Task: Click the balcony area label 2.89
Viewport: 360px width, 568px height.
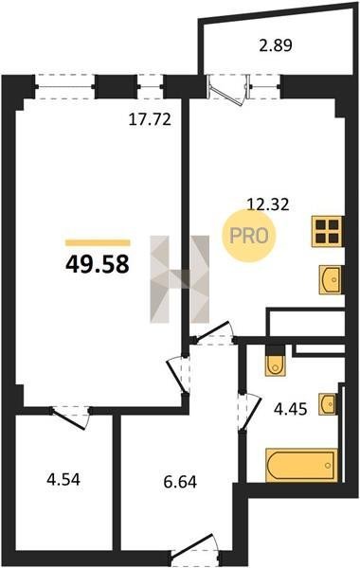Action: tap(276, 45)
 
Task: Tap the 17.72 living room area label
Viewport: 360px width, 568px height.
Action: tap(150, 119)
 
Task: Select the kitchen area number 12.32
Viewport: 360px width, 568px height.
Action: tap(268, 204)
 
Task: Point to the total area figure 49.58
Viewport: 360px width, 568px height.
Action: tap(98, 264)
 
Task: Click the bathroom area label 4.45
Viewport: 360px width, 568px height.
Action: tap(291, 409)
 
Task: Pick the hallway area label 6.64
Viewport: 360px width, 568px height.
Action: tap(180, 482)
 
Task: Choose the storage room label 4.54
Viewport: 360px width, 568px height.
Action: tap(63, 480)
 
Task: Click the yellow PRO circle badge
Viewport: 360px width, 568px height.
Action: tap(249, 236)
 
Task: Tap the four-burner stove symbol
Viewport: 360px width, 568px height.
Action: tap(327, 231)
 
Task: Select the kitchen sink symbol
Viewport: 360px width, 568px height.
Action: tap(331, 279)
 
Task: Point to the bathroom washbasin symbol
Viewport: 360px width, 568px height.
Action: tap(328, 404)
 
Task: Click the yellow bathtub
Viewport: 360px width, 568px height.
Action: tap(301, 465)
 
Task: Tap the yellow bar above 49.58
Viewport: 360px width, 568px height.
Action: tap(98, 242)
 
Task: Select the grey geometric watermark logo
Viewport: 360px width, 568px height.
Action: tap(180, 279)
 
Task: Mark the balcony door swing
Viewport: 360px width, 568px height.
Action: tap(227, 90)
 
